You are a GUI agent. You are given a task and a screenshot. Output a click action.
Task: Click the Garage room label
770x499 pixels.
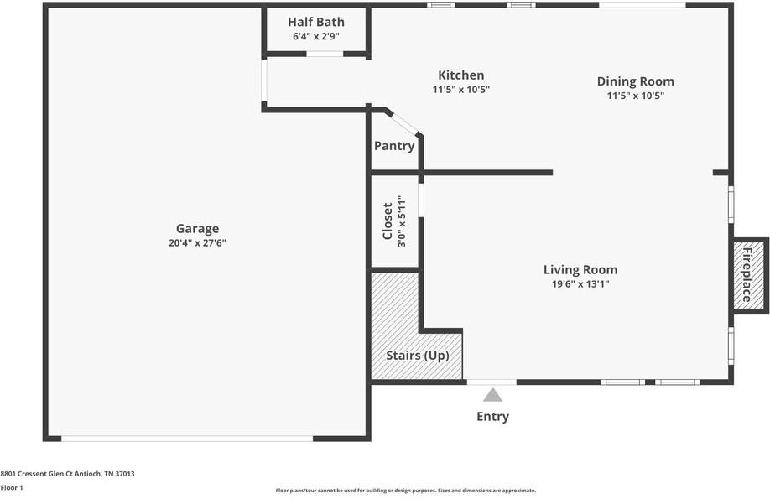coord(197,228)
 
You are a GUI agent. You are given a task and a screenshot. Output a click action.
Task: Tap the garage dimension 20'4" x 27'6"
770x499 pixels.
coord(197,243)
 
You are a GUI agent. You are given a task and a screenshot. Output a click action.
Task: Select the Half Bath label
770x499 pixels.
coord(315,22)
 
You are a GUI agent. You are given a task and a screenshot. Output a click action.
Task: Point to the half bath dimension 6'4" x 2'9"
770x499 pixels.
coord(315,37)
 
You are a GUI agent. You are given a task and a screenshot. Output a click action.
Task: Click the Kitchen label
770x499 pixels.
coord(460,75)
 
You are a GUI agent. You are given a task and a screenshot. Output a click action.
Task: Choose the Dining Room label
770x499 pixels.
coord(635,81)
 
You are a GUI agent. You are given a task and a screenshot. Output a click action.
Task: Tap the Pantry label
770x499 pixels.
coord(394,146)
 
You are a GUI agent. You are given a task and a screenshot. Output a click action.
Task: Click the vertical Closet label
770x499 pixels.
coord(388,221)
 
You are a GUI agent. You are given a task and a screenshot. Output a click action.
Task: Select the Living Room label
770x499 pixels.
coord(580,269)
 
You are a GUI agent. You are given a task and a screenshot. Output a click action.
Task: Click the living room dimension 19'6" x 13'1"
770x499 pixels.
coord(580,284)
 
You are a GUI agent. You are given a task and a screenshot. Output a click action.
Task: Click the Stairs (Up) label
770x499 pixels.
coord(417,355)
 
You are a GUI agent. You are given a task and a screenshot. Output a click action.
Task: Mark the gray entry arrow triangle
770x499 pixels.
coord(492,394)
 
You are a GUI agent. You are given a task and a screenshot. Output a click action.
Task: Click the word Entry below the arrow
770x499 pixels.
coord(492,417)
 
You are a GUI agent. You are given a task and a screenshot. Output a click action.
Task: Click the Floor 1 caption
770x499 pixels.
coord(12,487)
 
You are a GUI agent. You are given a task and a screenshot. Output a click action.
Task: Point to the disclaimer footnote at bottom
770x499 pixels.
coord(405,491)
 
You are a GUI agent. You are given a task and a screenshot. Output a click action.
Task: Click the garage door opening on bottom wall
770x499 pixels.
coord(187,438)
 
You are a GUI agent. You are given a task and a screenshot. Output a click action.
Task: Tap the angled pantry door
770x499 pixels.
coord(404,122)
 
